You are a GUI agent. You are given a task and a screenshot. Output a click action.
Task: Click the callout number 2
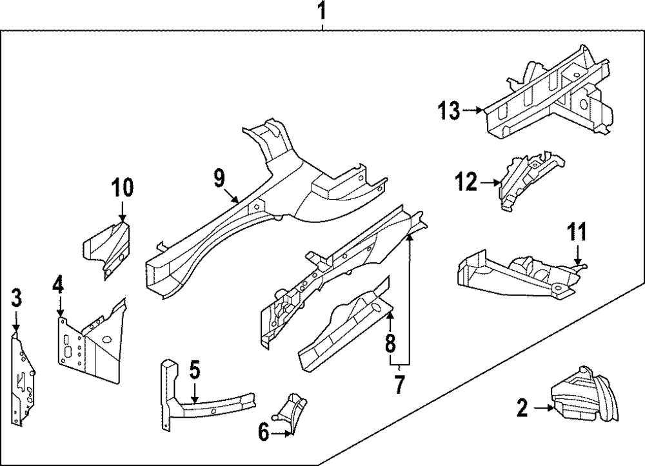523,407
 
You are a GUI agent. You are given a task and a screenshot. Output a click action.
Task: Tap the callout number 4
58,284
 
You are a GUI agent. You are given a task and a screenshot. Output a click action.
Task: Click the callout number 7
399,385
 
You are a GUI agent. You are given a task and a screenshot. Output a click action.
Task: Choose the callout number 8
390,342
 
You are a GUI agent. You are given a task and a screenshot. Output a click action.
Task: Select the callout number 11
579,230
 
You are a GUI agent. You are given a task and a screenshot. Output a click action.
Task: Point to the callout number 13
450,111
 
